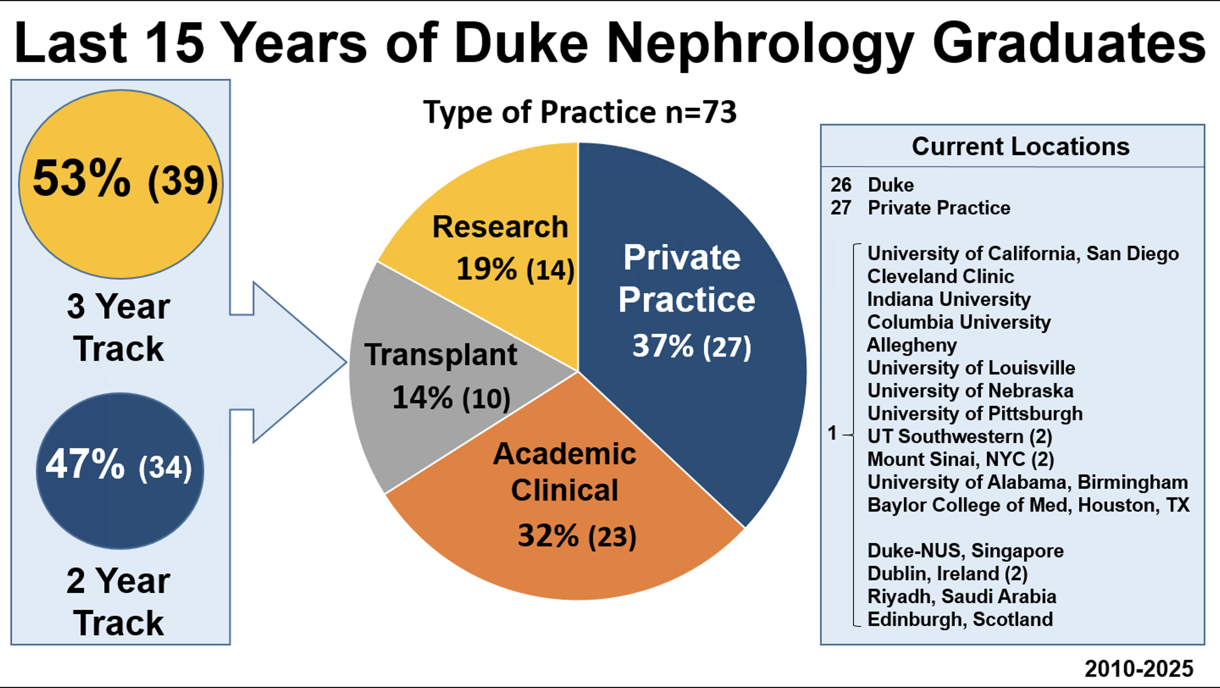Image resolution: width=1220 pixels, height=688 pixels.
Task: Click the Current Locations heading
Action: (1020, 146)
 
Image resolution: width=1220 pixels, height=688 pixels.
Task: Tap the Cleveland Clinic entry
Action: (940, 276)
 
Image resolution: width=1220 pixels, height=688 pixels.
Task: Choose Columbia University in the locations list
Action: (959, 322)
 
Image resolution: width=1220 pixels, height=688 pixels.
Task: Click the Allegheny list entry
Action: (912, 345)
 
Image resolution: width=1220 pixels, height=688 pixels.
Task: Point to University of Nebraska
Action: (970, 391)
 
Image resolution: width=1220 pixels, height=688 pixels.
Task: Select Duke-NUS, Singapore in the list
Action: (965, 551)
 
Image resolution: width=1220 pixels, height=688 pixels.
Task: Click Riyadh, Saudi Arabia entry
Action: (962, 596)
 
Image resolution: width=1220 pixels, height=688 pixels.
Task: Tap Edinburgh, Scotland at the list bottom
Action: (960, 619)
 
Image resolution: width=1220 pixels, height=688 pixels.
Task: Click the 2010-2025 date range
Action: (1139, 669)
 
